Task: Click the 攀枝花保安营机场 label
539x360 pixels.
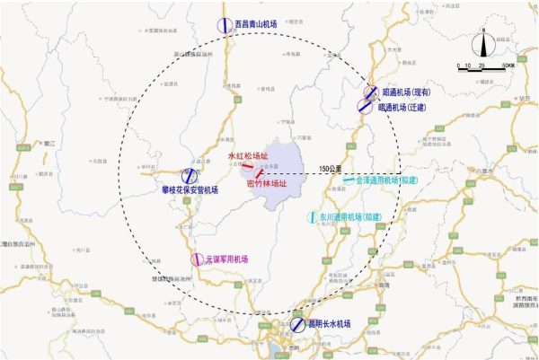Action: click(190, 190)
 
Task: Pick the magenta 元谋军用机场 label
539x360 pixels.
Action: click(225, 259)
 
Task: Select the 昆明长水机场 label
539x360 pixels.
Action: click(330, 324)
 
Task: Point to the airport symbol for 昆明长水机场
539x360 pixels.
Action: click(298, 325)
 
